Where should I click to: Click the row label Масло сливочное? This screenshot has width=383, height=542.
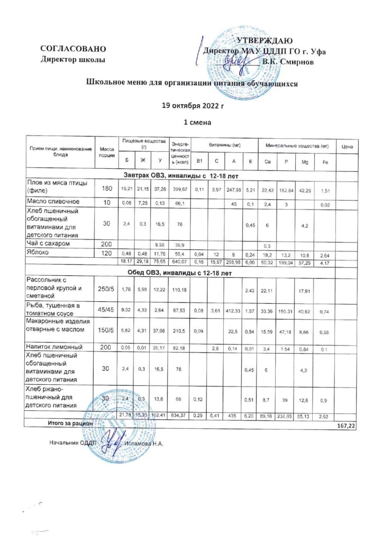click(x=53, y=202)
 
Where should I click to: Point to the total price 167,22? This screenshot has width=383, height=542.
click(x=347, y=426)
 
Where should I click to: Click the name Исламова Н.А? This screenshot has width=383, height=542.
click(x=144, y=443)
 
